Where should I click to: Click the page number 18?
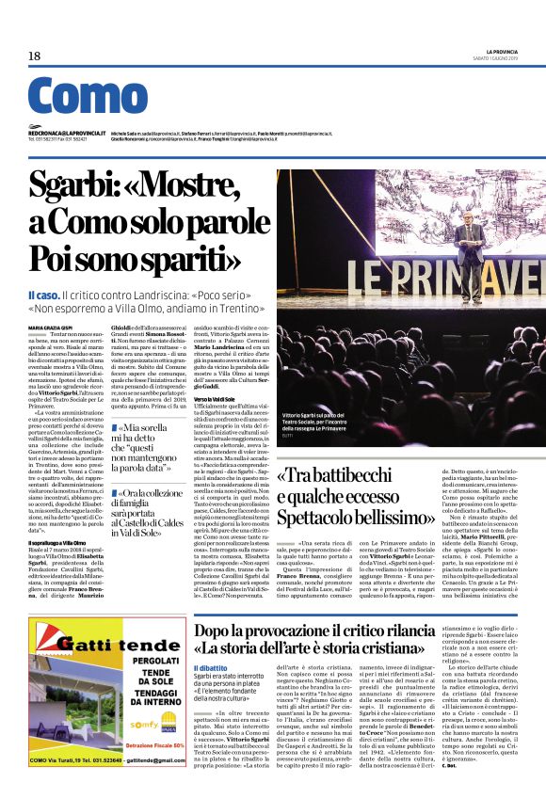(34, 56)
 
